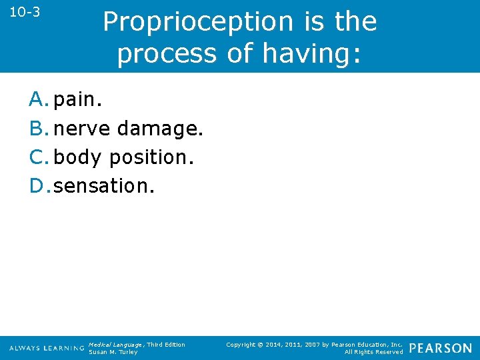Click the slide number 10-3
(25, 12)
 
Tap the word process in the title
(167, 53)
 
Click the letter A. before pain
(39, 100)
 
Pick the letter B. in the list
(39, 129)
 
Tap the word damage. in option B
(159, 129)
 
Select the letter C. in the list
(39, 157)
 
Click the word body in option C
(78, 158)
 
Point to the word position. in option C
(151, 158)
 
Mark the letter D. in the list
(40, 186)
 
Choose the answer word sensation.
(104, 186)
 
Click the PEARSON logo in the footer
(440, 348)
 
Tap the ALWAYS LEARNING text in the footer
(47, 349)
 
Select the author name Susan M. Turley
(113, 352)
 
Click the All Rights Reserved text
(373, 352)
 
